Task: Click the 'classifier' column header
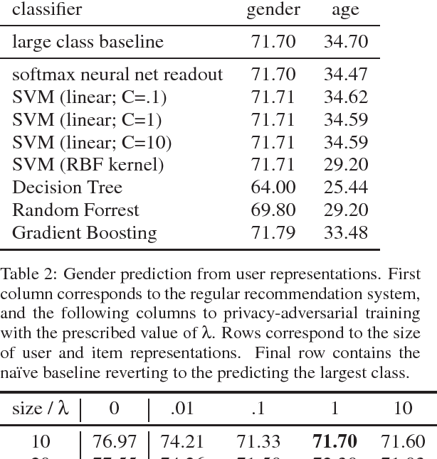[x=47, y=10]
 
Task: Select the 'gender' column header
[x=273, y=10]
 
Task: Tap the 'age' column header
[x=345, y=10]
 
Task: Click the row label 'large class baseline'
[x=88, y=42]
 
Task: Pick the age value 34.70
[x=346, y=42]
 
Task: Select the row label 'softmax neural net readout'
[x=117, y=75]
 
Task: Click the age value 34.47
[x=346, y=75]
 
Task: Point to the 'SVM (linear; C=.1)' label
[x=89, y=97]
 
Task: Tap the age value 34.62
[x=346, y=97]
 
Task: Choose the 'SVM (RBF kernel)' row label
[x=88, y=165]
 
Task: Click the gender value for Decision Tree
[x=273, y=188]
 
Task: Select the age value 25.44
[x=346, y=188]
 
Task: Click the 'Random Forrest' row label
[x=75, y=210]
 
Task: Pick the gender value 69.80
[x=273, y=210]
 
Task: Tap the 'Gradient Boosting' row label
[x=84, y=233]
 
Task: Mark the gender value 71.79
[x=273, y=233]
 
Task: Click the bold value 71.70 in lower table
[x=335, y=442]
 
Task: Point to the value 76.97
[x=115, y=442]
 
